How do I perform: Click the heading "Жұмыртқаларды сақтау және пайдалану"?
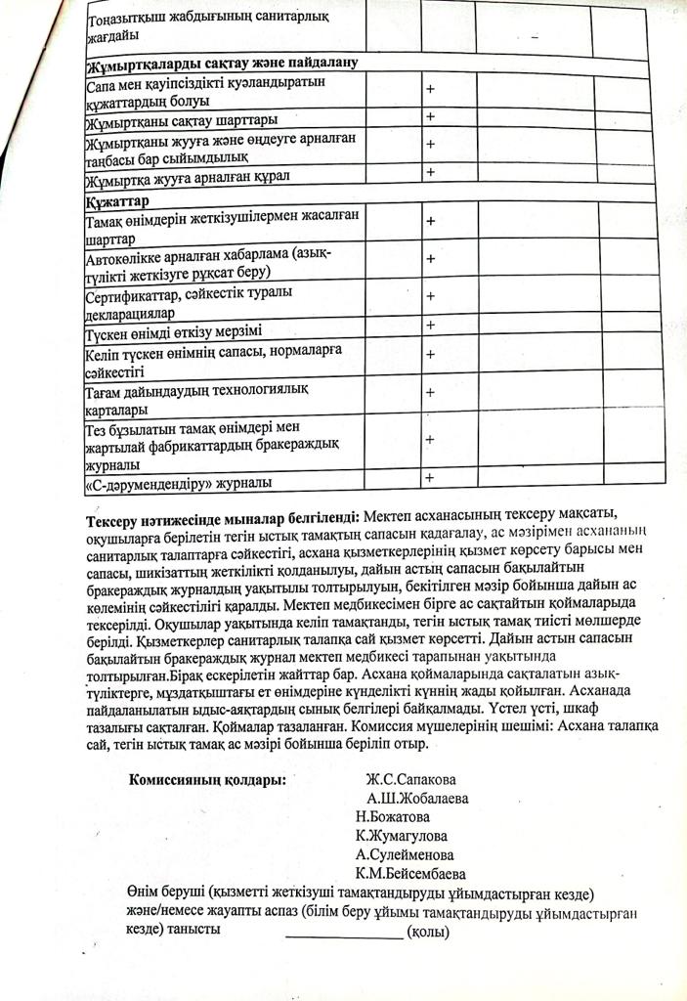[x=223, y=62]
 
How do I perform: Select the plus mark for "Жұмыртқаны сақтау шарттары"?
[x=430, y=116]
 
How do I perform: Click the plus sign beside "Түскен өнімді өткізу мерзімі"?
[x=429, y=325]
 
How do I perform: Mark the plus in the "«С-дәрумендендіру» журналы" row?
[x=428, y=476]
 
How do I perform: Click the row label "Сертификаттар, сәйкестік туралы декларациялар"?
[x=189, y=302]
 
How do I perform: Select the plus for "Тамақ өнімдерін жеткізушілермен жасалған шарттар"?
[x=430, y=221]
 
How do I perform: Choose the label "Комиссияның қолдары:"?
[x=207, y=780]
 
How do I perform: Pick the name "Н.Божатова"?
[x=393, y=817]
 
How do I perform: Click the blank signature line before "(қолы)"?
[x=343, y=935]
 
